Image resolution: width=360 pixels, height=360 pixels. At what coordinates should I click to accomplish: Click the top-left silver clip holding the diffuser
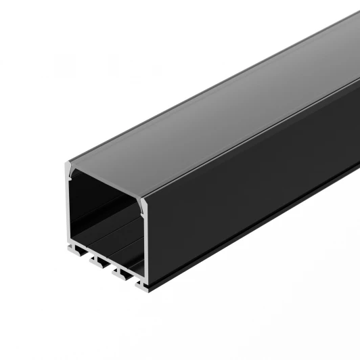click(68, 167)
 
